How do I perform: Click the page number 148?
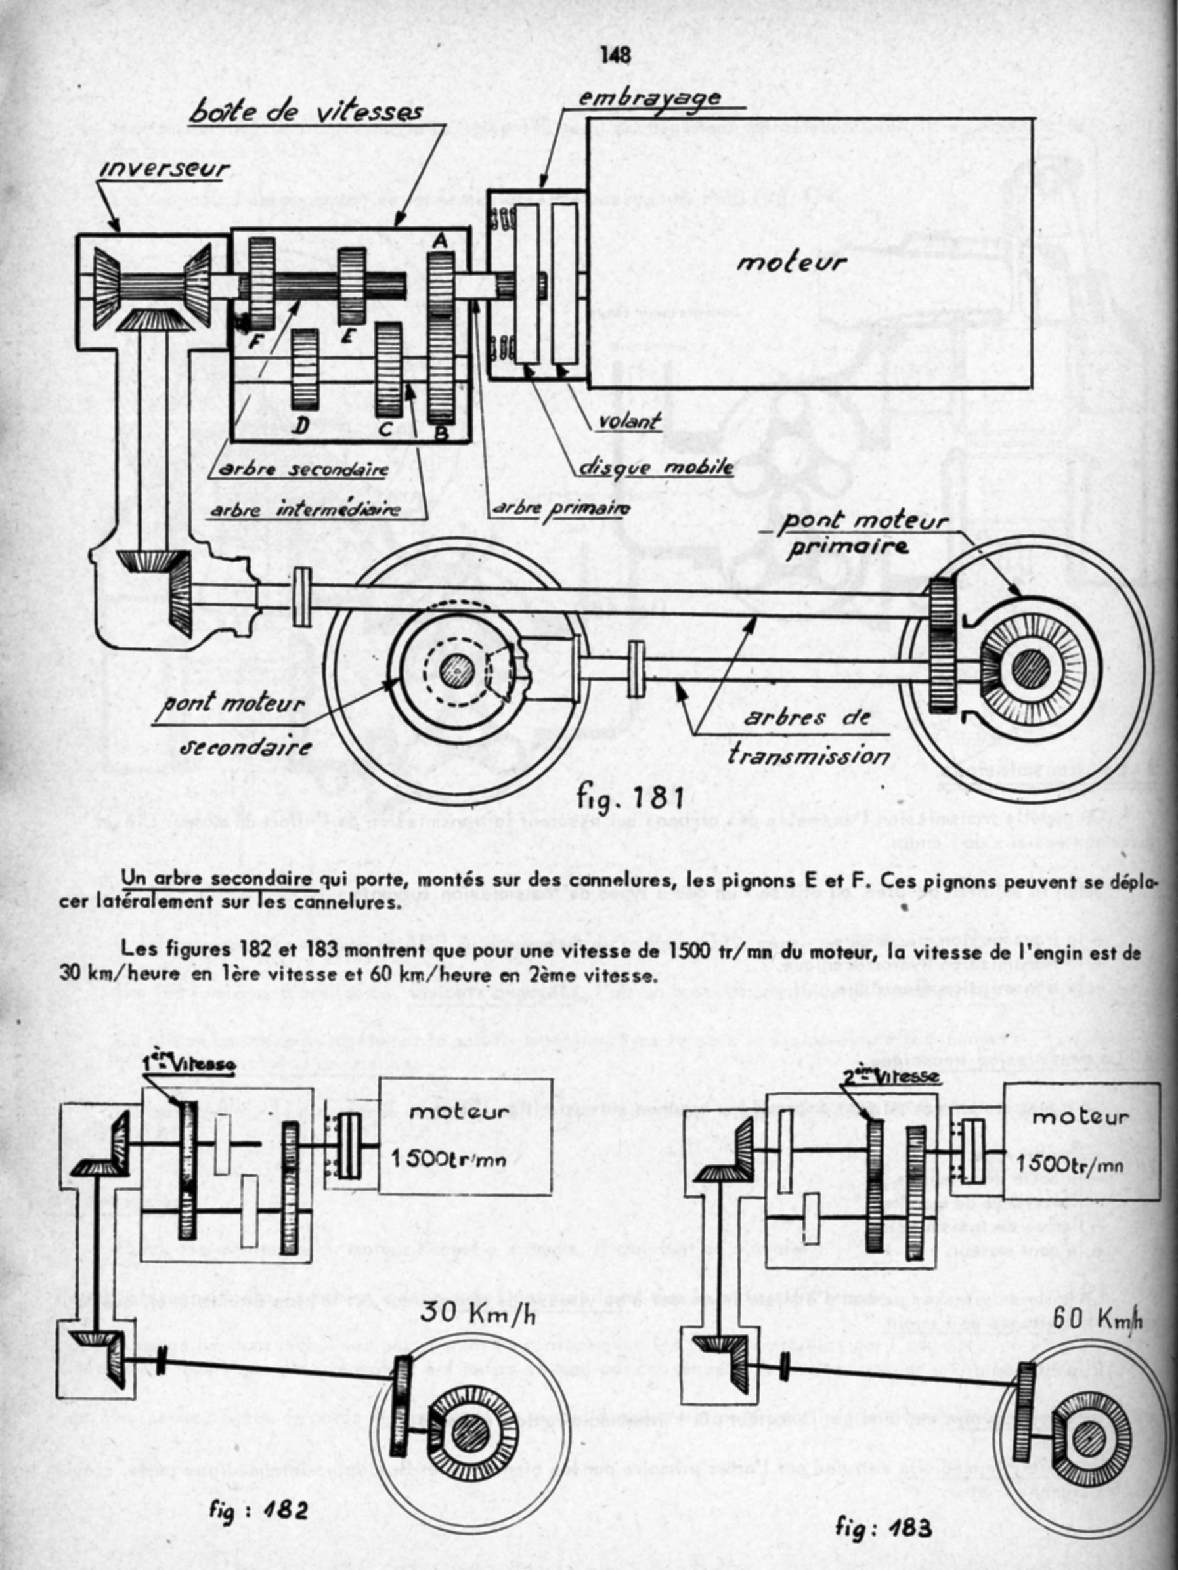pyautogui.click(x=615, y=56)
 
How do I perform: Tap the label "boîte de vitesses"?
pyautogui.click(x=306, y=113)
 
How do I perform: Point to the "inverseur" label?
pyautogui.click(x=165, y=169)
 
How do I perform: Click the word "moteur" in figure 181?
pyautogui.click(x=791, y=263)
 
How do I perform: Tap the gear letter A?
pyautogui.click(x=440, y=242)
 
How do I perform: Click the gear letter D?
pyautogui.click(x=302, y=425)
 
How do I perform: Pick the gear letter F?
pyautogui.click(x=256, y=339)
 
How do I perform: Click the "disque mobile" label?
pyautogui.click(x=656, y=468)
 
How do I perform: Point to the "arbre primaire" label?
pyautogui.click(x=560, y=508)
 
